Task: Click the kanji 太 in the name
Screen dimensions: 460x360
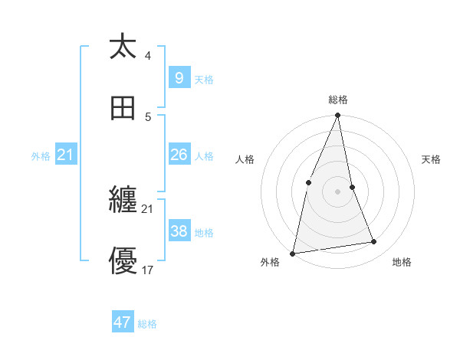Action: click(x=123, y=47)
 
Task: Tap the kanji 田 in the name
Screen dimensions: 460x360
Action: click(x=123, y=109)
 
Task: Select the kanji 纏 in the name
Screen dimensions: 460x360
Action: click(x=123, y=201)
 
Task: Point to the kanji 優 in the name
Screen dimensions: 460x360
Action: click(x=123, y=262)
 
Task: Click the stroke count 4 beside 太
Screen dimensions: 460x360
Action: click(x=148, y=56)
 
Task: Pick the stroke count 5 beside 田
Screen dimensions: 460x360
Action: click(x=148, y=117)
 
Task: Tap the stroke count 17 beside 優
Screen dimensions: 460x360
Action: click(x=148, y=270)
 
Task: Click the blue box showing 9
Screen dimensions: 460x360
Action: click(x=179, y=78)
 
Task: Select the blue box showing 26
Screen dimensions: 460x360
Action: click(x=179, y=155)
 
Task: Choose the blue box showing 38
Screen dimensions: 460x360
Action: click(x=179, y=231)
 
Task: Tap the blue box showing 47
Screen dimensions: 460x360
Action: click(x=123, y=322)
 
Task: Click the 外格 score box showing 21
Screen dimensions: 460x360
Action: click(x=65, y=155)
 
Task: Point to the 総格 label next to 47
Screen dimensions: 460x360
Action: click(x=147, y=324)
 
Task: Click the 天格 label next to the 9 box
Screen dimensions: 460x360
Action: click(x=204, y=80)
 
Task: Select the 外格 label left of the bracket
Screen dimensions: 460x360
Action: click(x=41, y=156)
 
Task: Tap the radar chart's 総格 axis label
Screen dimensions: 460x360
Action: click(x=337, y=100)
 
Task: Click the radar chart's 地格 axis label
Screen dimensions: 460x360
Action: click(x=402, y=263)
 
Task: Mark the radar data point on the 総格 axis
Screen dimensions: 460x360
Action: click(x=337, y=116)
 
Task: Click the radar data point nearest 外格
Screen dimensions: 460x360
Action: click(x=293, y=253)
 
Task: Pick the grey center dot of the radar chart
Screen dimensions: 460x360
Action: click(x=337, y=191)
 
